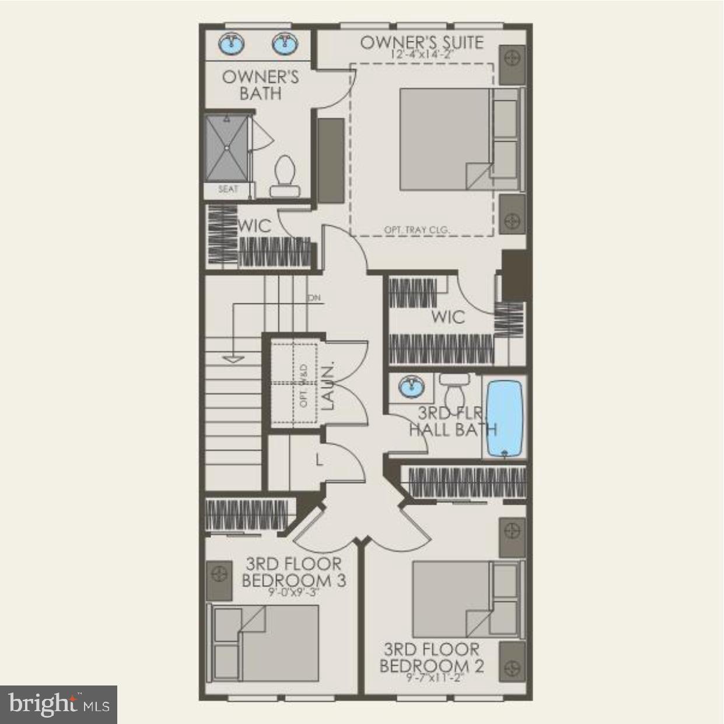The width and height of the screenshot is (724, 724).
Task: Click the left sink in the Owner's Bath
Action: (x=232, y=43)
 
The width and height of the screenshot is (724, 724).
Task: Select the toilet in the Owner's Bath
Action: (x=285, y=176)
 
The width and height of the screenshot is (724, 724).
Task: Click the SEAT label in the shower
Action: (x=228, y=189)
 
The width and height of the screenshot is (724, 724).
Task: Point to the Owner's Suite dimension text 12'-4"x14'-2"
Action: (x=422, y=54)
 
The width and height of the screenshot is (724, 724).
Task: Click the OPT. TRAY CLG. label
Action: (x=417, y=230)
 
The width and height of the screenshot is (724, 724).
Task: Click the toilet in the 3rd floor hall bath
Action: (x=454, y=386)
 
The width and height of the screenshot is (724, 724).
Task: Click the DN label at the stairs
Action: (x=314, y=298)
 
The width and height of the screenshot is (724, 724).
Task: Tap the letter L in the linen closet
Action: (x=319, y=460)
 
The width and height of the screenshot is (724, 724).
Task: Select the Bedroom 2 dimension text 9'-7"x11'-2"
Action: (x=431, y=678)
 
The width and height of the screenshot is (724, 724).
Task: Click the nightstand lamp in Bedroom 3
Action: (x=220, y=574)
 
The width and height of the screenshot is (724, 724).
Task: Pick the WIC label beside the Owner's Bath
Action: (x=255, y=226)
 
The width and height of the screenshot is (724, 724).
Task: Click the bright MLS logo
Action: (x=59, y=704)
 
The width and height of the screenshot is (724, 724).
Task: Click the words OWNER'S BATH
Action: (x=261, y=85)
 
